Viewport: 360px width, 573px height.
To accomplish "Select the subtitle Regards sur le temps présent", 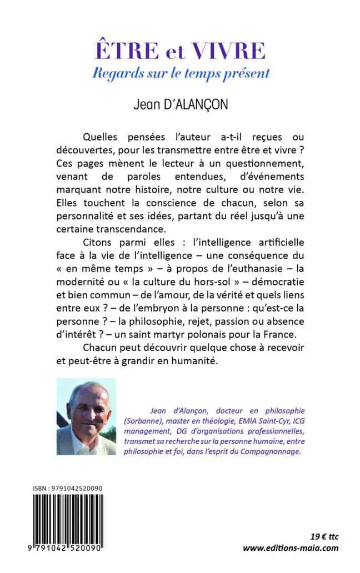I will (x=179, y=72).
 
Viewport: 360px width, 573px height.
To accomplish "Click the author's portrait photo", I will (x=86, y=416).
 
